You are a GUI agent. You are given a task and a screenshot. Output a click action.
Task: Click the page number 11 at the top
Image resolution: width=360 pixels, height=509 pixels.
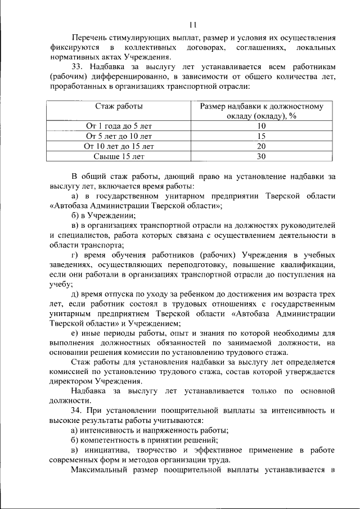click(192, 24)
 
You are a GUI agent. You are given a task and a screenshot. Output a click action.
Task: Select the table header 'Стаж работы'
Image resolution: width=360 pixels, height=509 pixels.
click(119, 106)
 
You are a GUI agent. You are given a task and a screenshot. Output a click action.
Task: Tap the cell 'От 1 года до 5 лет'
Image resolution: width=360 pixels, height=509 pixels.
click(119, 126)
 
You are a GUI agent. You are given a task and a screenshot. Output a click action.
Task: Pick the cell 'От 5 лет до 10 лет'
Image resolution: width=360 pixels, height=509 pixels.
click(119, 136)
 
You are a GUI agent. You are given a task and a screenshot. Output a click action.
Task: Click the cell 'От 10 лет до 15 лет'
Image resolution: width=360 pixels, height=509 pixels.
click(119, 146)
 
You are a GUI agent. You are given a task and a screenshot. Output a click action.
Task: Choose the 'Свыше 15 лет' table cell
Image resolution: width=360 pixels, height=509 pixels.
click(119, 156)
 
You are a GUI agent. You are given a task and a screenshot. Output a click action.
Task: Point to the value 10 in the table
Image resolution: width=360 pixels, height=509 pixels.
click(261, 126)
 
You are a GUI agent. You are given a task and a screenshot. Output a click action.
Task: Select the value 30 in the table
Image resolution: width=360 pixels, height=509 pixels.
click(261, 156)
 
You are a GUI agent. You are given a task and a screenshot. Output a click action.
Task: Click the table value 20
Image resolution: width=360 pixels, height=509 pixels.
click(261, 146)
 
